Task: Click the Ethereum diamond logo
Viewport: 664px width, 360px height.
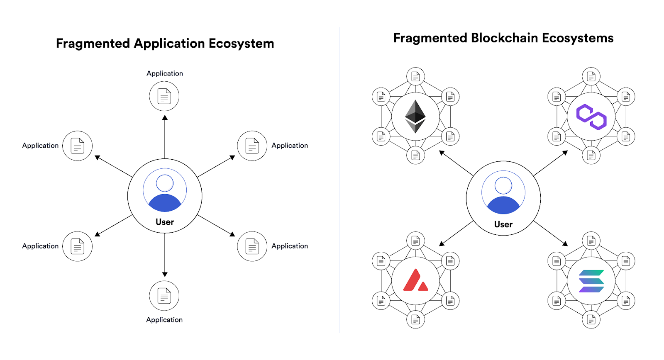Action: [x=415, y=116]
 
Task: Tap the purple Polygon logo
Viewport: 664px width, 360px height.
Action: [x=591, y=117]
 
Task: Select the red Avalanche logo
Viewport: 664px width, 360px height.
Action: [x=415, y=280]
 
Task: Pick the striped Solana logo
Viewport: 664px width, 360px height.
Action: [x=591, y=281]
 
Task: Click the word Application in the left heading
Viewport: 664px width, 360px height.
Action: [x=169, y=44]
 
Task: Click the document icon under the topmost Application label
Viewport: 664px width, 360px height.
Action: [x=164, y=96]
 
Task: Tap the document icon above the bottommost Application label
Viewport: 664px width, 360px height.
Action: [x=164, y=296]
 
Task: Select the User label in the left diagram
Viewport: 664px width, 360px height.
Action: [x=165, y=222]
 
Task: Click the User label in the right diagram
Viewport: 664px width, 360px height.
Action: [x=503, y=224]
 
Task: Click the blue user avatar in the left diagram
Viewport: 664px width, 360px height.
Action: [x=165, y=190]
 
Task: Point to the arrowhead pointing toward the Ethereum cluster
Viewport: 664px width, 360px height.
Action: [x=442, y=153]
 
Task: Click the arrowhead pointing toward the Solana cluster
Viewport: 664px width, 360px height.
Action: [x=565, y=243]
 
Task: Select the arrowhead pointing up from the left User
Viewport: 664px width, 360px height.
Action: [x=165, y=118]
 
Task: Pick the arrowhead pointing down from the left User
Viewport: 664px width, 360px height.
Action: [x=165, y=274]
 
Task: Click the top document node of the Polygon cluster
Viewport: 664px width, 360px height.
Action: [x=591, y=76]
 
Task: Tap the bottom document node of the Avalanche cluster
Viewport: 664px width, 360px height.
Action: [x=415, y=320]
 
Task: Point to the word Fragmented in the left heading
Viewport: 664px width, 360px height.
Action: [x=93, y=44]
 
